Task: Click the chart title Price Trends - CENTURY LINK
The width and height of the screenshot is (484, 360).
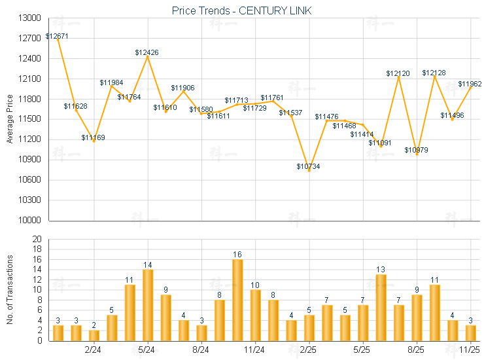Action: pos(241,10)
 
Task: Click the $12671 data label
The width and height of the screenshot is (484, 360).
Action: pos(57,37)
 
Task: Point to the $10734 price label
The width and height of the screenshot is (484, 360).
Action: pos(308,166)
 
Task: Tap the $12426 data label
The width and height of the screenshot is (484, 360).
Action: pos(147,52)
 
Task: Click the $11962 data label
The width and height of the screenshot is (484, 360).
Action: pos(470,84)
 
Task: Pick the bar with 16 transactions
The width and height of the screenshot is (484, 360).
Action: pos(237,300)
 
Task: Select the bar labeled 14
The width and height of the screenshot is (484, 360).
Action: pos(148,305)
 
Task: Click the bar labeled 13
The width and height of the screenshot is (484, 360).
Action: pos(381,308)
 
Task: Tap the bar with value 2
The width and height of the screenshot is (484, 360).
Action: pos(94,335)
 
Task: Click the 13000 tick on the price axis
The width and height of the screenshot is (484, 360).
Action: pos(30,18)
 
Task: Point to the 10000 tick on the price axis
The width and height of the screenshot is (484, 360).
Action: pos(30,221)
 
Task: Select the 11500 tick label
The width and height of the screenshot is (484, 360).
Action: pos(30,119)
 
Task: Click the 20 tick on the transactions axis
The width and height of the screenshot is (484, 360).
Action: pos(37,239)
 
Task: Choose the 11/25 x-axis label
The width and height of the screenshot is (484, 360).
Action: pos(470,350)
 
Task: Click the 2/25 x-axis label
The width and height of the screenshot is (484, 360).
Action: pos(309,350)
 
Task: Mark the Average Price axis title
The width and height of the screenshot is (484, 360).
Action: pos(9,119)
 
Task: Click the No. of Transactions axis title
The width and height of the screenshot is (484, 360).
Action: pos(9,289)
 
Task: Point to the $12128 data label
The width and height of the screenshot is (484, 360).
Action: pos(434,73)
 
